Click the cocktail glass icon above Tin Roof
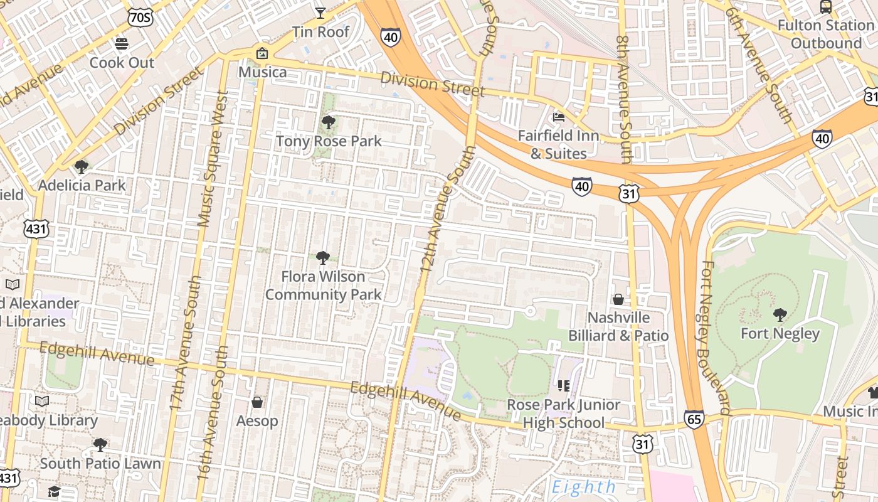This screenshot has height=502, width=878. click(320, 13)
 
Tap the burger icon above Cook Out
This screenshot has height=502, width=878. click(122, 44)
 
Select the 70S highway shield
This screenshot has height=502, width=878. click(139, 18)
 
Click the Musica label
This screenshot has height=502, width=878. click(263, 72)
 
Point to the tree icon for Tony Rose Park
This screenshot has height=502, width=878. click(328, 122)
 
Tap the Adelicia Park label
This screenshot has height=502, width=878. click(82, 185)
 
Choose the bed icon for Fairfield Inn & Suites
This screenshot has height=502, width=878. click(558, 117)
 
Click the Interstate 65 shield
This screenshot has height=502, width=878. click(694, 419)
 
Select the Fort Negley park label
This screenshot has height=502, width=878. click(780, 333)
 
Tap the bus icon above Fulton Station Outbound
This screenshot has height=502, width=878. click(826, 7)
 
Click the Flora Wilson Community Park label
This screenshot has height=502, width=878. click(323, 286)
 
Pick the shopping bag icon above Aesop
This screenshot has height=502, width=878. click(257, 402)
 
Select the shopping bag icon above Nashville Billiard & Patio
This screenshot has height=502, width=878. click(618, 299)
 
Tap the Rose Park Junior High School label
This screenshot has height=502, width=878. click(564, 414)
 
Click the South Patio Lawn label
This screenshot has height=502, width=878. click(100, 464)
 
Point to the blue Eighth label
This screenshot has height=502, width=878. click(584, 487)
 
